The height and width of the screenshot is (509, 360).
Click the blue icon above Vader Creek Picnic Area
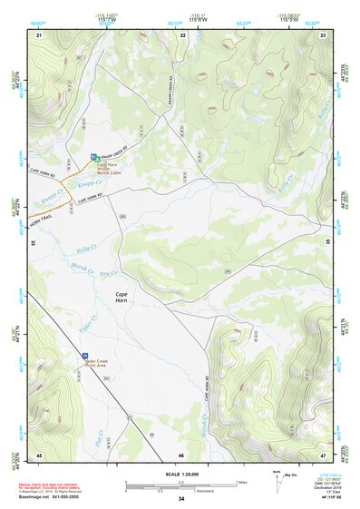[x=85, y=353]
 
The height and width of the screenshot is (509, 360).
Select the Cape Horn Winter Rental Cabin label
[x=111, y=169]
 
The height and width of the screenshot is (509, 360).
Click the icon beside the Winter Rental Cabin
[x=93, y=158]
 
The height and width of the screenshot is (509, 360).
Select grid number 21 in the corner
[x=39, y=34]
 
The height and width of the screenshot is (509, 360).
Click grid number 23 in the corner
[x=323, y=34]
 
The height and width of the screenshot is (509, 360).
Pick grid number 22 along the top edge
[x=182, y=34]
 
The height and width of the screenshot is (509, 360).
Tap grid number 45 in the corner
[x=39, y=454]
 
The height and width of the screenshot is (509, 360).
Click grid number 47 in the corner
[x=323, y=454]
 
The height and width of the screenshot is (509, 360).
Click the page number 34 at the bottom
[x=181, y=499]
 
